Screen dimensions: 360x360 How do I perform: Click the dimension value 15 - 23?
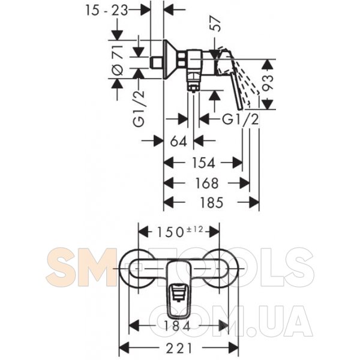coord(107,10)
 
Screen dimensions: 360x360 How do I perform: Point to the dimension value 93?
coord(268,83)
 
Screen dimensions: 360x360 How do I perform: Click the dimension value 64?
coord(179,141)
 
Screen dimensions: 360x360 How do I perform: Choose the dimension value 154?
coord(203,163)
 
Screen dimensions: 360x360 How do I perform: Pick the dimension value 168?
coord(206,183)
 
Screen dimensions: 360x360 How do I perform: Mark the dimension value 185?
coord(211,203)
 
